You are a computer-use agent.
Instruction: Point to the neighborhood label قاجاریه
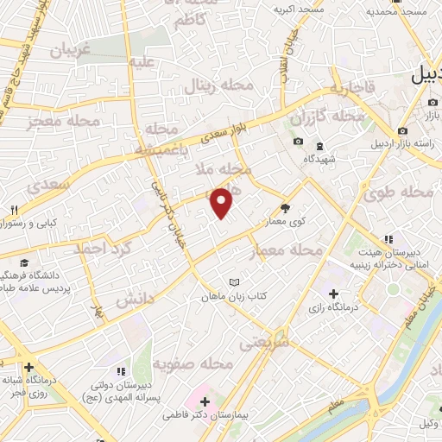350,86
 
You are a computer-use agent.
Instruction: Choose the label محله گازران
327,115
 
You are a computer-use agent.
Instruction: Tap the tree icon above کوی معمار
285,207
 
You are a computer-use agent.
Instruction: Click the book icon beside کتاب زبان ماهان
233,281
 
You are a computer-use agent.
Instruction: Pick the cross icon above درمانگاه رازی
333,295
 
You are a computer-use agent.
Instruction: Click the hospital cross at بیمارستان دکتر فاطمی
204,401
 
